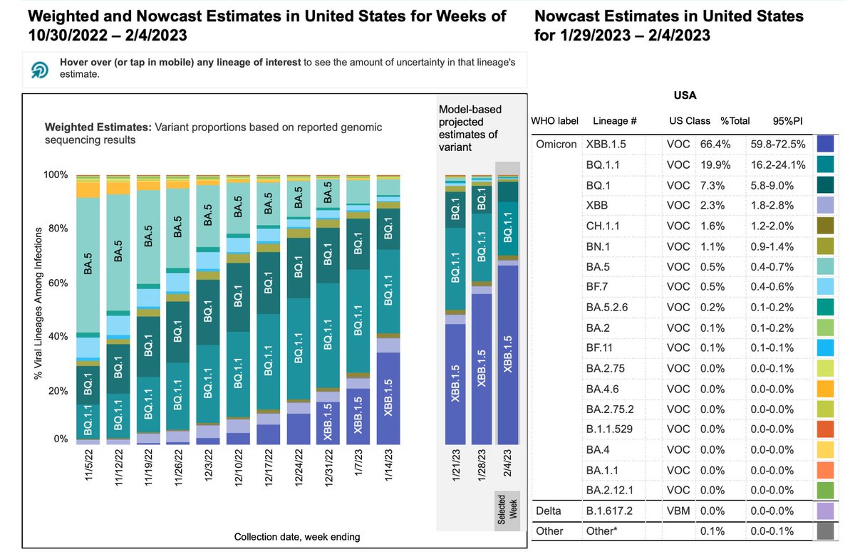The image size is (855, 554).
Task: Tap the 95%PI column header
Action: pos(788,121)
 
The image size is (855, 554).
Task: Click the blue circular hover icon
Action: pos(40,69)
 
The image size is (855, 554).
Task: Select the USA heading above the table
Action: pos(685,95)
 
